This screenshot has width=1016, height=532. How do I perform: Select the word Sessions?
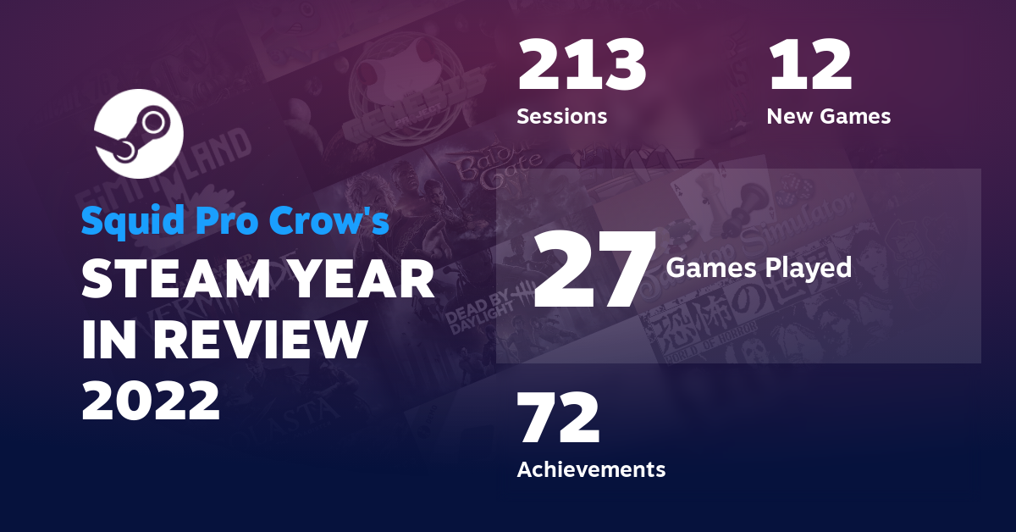click(x=561, y=116)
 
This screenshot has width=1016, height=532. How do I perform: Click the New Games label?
click(x=828, y=116)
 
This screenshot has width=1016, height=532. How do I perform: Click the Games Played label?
click(x=759, y=268)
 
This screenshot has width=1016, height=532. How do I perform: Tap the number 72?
click(x=558, y=419)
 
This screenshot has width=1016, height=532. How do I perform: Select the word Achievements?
click(x=591, y=468)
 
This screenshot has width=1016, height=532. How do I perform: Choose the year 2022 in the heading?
click(x=151, y=401)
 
